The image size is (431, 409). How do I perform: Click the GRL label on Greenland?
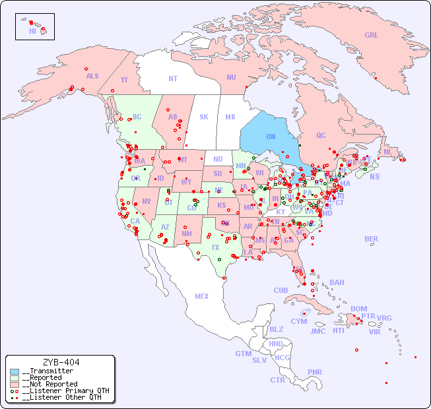pos(372,35)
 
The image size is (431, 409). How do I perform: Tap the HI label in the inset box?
pos(32,31)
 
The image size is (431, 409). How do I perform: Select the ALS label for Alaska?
pos(92,76)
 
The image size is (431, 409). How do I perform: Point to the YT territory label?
pos(124,80)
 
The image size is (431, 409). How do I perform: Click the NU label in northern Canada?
pos(231,77)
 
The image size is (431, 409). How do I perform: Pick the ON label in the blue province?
pos(271,137)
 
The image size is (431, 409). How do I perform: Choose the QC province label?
pos(321,135)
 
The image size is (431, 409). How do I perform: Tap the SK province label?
pos(204,117)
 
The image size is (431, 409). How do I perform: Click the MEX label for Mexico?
pos(202,296)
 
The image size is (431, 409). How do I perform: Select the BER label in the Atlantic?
pos(372,239)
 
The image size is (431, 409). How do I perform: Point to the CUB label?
pos(281,290)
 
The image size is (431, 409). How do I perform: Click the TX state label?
pos(215,247)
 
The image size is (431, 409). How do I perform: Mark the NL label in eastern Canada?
pos(387,151)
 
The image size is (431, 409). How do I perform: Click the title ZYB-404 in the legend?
pos(61,362)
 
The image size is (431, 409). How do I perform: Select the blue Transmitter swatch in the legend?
pos(15,371)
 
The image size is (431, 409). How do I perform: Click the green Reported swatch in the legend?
pos(15,377)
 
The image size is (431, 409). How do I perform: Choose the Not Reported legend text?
pos(50,384)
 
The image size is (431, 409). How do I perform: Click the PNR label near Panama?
pos(315,372)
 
